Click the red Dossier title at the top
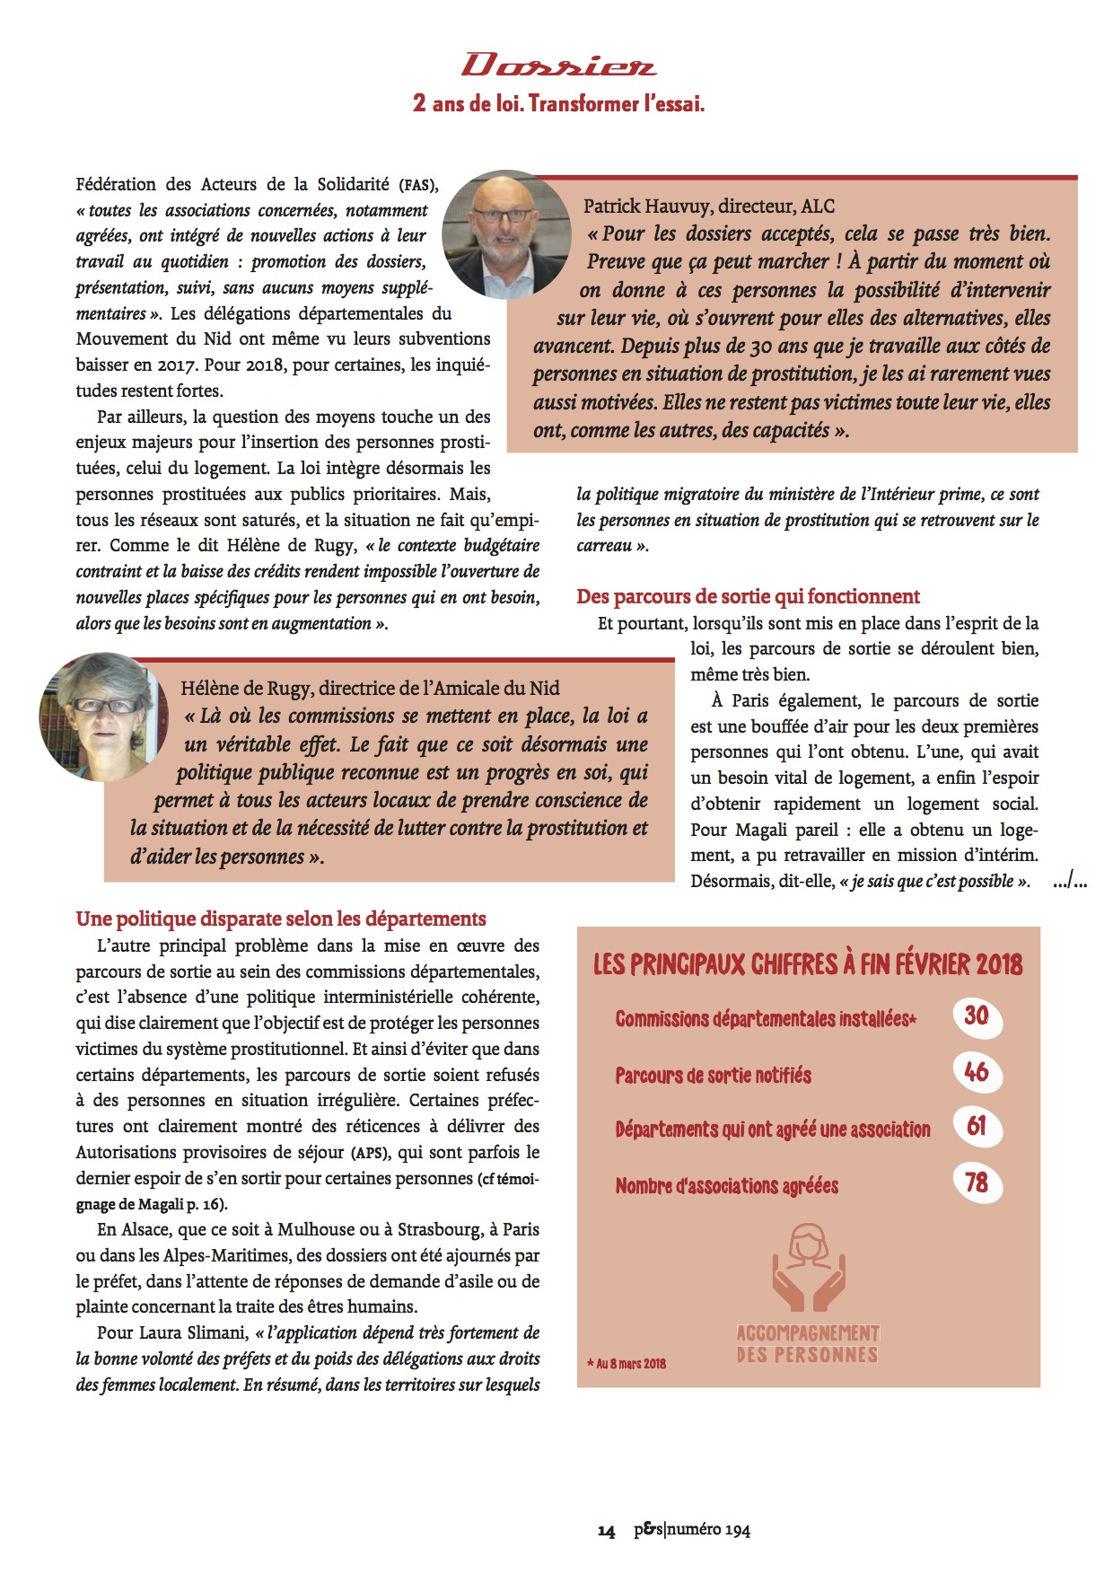click(558, 66)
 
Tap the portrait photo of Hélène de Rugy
click(104, 716)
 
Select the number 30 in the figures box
click(976, 1016)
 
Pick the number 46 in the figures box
click(976, 1071)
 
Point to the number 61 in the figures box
click(976, 1126)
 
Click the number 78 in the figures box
click(976, 1183)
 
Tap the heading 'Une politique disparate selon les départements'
click(281, 919)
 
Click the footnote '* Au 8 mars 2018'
click(631, 1364)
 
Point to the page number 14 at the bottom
click(607, 1531)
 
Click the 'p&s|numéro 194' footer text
click(691, 1530)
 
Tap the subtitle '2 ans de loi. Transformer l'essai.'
click(558, 104)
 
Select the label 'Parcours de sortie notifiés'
click(713, 1076)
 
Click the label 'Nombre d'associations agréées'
click(726, 1186)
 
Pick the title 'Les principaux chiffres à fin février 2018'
click(807, 965)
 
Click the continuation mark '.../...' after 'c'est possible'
click(1071, 882)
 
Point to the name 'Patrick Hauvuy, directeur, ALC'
click(708, 207)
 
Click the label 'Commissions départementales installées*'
click(765, 1019)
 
